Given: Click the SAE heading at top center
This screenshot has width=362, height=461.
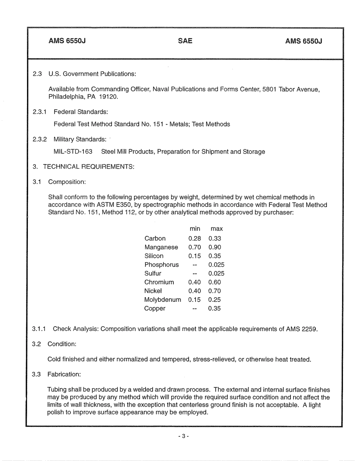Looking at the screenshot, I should coord(185,41).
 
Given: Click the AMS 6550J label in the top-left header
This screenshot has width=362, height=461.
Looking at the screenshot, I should coord(67,41).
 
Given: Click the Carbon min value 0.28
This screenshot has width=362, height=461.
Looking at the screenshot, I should coord(194,239).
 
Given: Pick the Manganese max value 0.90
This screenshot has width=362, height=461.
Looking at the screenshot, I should coord(215,247).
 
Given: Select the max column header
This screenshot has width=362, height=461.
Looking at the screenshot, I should coord(216,229).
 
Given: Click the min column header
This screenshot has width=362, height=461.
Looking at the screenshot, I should coord(195,229).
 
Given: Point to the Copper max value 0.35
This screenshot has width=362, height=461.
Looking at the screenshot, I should coord(215,309).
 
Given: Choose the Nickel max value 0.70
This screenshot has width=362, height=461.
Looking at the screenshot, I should coord(215,291).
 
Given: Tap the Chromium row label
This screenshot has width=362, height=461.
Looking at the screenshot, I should coord(159,282).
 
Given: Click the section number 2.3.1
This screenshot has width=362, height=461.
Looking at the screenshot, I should coord(40,112).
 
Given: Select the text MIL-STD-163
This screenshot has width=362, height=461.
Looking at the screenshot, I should coord(73,152).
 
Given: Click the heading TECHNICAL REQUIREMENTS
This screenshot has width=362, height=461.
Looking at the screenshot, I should coord(88,167).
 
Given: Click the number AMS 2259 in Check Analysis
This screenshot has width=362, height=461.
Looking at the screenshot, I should coord(301,329).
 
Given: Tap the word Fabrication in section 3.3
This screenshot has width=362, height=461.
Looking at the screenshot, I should coord(64,374).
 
